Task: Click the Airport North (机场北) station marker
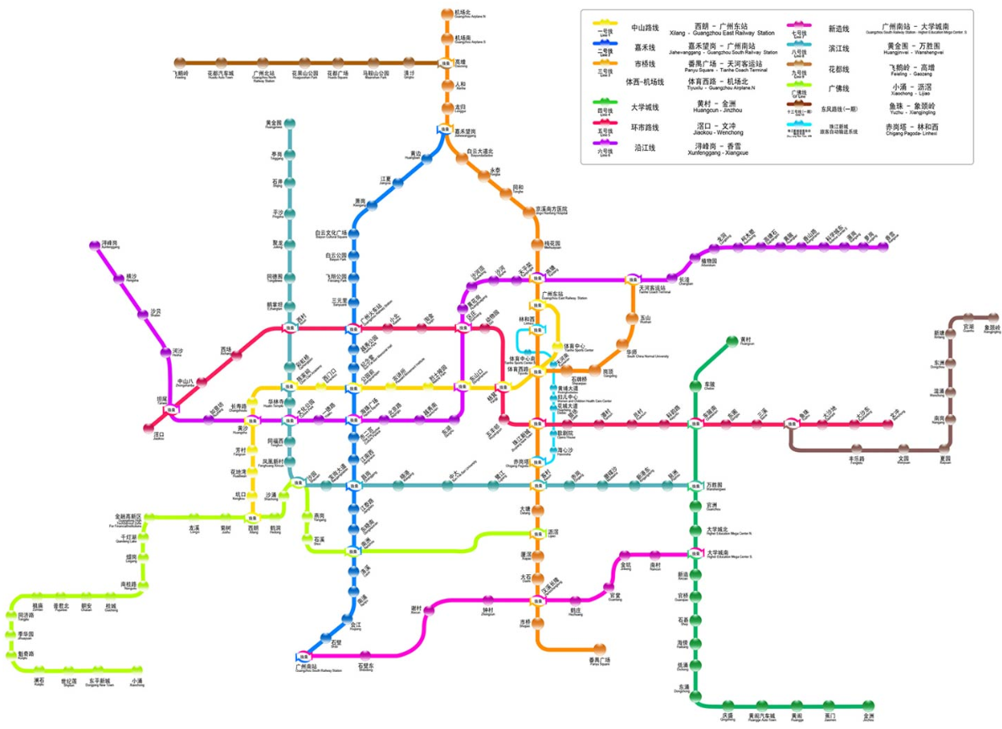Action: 446,13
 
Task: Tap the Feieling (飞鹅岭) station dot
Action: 178,61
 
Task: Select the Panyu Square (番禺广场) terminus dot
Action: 599,649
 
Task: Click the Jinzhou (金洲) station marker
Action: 867,705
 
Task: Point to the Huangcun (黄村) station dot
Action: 732,341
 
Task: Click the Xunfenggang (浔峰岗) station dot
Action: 94,245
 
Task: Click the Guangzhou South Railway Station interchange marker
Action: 304,656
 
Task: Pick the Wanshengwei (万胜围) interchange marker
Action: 696,486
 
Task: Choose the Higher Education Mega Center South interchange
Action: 695,553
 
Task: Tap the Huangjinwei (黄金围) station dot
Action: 290,124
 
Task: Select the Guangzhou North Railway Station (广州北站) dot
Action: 258,61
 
